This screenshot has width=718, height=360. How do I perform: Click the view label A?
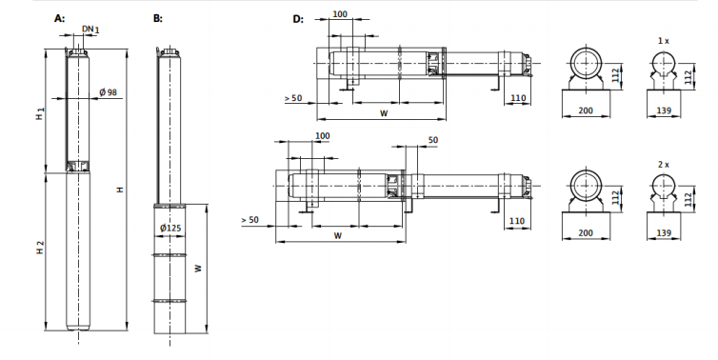60,18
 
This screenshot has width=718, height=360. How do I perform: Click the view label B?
157,18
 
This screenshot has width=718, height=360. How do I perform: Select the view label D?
298,19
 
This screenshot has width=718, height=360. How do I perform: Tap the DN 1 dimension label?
90,30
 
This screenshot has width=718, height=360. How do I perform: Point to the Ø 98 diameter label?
108,92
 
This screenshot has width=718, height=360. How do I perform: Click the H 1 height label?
40,114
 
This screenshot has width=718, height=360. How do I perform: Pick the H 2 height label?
40,248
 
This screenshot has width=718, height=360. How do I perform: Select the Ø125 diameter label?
170,228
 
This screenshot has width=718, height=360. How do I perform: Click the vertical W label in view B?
198,269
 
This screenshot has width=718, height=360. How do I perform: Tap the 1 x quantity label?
663,41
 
